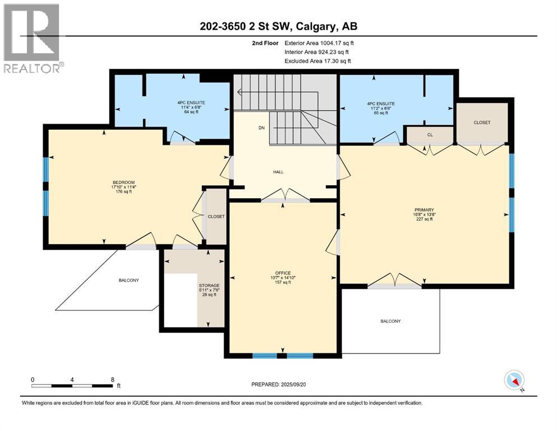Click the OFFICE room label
tap(283, 273)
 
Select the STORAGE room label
tap(209, 286)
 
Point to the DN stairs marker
tap(261, 128)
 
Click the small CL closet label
tap(430, 135)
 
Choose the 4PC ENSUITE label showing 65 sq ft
tap(380, 104)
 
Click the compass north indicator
tap(514, 381)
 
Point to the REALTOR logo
tap(31, 39)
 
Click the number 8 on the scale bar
tap(113, 379)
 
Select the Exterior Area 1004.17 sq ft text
tap(319, 43)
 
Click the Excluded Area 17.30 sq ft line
tap(319, 61)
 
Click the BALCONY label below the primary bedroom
tap(390, 321)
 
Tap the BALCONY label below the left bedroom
tap(128, 280)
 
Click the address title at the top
tap(279, 26)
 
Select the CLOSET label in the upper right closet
tap(482, 122)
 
